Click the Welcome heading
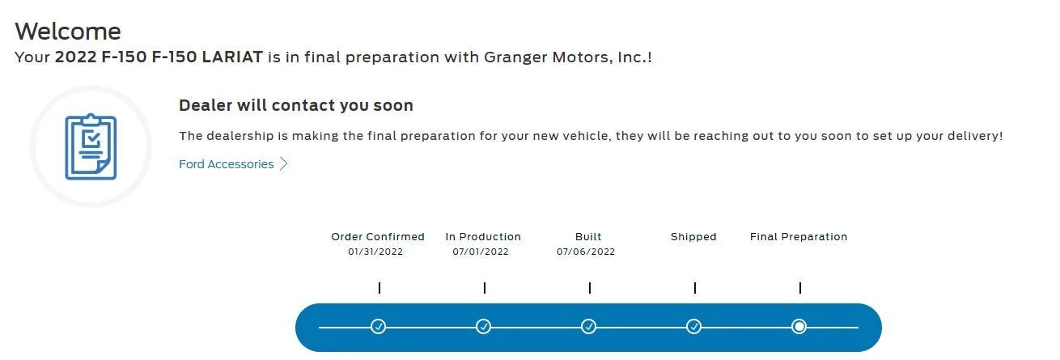(68, 32)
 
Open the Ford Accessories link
(227, 164)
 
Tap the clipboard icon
(91, 146)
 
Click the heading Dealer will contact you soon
(295, 105)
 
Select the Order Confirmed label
(378, 237)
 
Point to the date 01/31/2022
(375, 252)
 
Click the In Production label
(483, 237)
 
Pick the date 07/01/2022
(481, 252)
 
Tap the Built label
(588, 237)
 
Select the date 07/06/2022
(586, 252)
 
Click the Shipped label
(693, 237)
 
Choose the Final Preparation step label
(799, 237)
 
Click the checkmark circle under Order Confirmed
(378, 327)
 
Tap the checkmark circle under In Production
(483, 327)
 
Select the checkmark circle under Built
(588, 327)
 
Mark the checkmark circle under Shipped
(693, 327)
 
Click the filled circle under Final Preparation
(799, 327)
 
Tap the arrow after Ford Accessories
(283, 164)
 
